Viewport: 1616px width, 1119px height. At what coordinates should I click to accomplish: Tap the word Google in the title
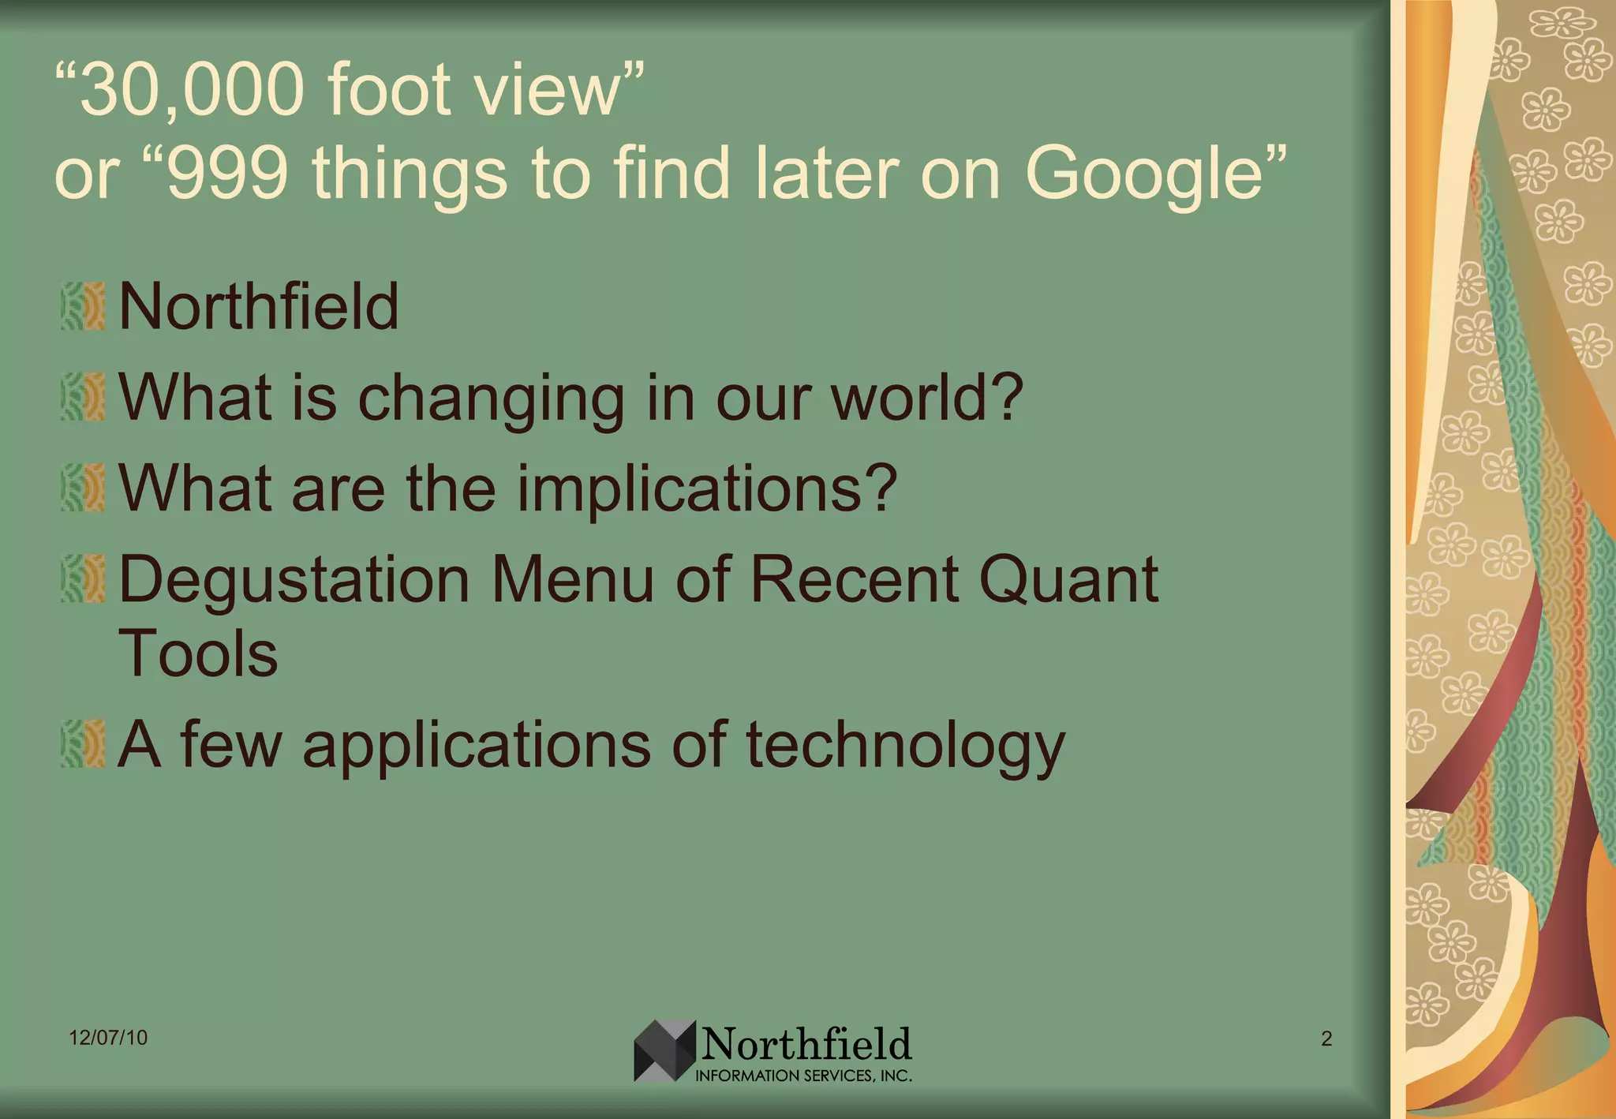[1145, 174]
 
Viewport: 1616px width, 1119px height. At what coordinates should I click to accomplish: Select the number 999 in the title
[229, 174]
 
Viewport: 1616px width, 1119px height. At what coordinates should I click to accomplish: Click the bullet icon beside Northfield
[83, 306]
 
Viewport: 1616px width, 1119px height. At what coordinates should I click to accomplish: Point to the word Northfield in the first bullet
[259, 306]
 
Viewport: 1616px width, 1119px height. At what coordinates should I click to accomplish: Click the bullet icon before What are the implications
[83, 488]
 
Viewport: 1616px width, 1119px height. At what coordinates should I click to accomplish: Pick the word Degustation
[294, 581]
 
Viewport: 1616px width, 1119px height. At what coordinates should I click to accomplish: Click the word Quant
[1068, 581]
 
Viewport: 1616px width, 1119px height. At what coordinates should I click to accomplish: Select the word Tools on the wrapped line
[198, 654]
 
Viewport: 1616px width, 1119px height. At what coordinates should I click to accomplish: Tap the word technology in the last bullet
[905, 747]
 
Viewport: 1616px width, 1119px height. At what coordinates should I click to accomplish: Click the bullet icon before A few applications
[83, 743]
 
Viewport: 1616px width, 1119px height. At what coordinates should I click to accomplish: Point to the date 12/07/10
[108, 1038]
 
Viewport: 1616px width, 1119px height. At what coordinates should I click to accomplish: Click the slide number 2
[1326, 1039]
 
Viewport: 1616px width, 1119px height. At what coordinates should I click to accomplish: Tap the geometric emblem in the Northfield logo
[664, 1050]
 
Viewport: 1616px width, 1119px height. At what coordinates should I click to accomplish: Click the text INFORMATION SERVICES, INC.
[803, 1076]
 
